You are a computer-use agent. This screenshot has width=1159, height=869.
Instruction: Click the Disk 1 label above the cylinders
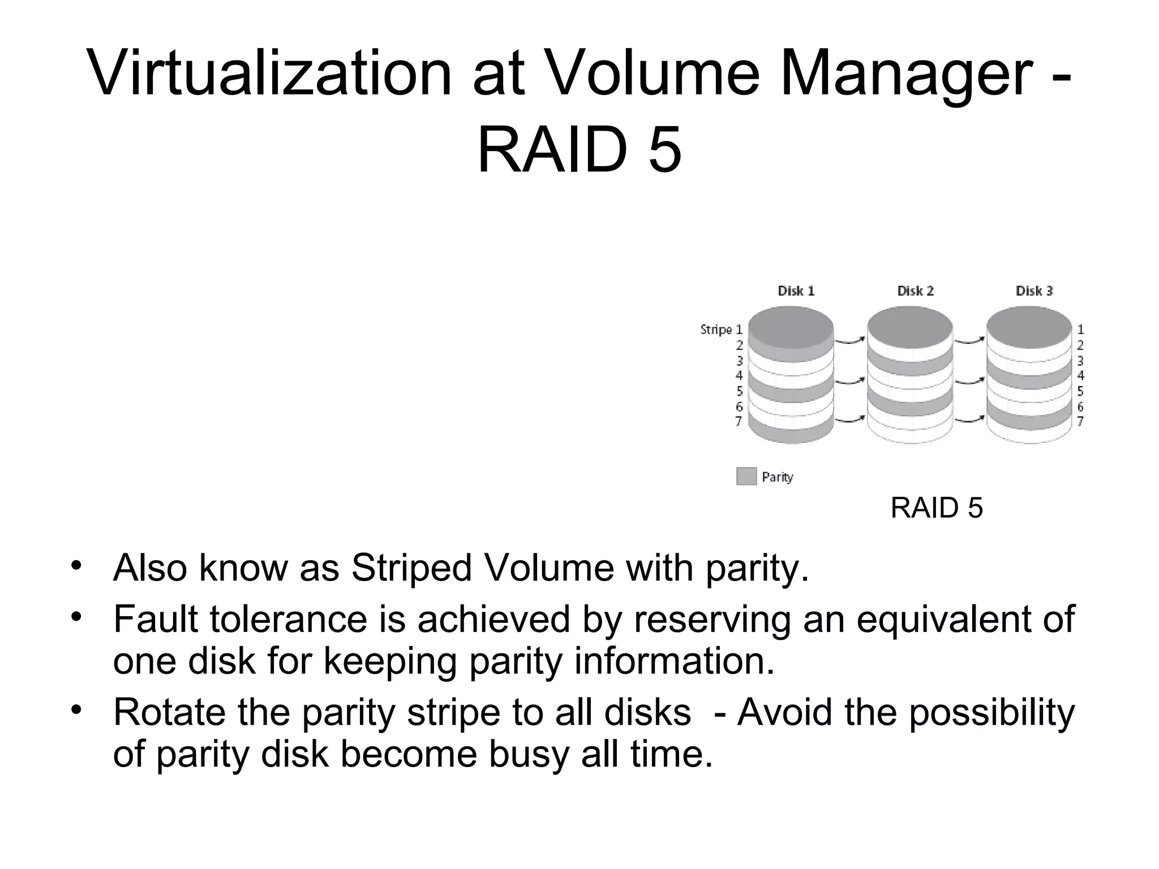click(x=796, y=291)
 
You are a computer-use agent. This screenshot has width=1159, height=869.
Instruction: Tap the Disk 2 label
click(x=915, y=291)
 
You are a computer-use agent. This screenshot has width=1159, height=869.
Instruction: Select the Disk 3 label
click(x=1034, y=291)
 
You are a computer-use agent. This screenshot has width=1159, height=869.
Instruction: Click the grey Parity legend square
click(x=746, y=476)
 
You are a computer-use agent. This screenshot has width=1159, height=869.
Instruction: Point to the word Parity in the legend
click(x=778, y=477)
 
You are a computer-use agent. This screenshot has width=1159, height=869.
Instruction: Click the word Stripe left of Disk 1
click(x=716, y=329)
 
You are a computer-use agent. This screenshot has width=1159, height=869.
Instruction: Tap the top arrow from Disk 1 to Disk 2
click(x=850, y=341)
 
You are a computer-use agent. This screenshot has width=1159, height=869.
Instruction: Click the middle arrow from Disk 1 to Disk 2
click(x=850, y=381)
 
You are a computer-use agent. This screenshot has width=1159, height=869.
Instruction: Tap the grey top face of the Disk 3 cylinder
click(x=1029, y=326)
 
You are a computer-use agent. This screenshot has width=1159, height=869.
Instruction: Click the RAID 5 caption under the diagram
click(x=937, y=508)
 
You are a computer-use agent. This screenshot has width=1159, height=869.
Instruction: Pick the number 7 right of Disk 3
click(x=1080, y=421)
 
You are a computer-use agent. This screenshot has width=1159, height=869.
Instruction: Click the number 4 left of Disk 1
click(x=739, y=375)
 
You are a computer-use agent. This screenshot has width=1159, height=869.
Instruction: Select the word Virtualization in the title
click(x=269, y=74)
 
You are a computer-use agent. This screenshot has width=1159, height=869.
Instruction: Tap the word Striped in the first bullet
click(x=411, y=567)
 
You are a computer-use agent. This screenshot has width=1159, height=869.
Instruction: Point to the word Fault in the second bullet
click(x=156, y=618)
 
